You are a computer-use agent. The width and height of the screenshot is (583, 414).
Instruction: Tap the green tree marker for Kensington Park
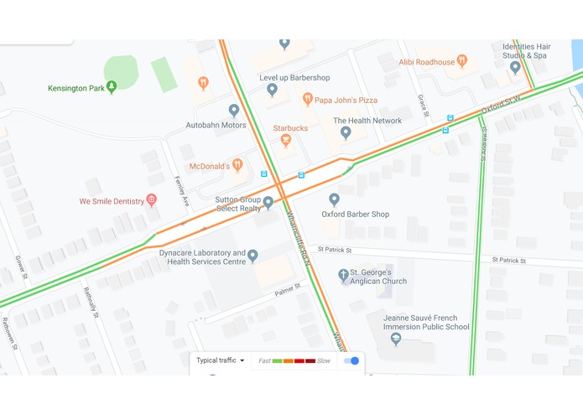click(x=112, y=85)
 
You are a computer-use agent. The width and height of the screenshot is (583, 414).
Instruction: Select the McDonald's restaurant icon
click(x=237, y=165)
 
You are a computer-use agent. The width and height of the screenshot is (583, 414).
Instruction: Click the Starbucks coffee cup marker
click(x=286, y=140)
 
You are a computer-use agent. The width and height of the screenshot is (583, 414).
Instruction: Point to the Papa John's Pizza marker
click(x=308, y=100)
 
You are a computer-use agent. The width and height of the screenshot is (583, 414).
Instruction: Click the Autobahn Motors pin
click(x=234, y=110)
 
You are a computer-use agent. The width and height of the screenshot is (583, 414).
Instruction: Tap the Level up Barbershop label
click(x=294, y=78)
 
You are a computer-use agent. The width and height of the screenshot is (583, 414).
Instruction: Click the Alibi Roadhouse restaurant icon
click(x=462, y=61)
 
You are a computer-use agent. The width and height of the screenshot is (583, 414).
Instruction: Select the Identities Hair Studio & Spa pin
click(x=516, y=67)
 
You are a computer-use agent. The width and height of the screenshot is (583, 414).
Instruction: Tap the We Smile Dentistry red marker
click(x=151, y=200)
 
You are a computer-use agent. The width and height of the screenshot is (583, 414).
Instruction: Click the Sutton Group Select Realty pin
click(x=268, y=202)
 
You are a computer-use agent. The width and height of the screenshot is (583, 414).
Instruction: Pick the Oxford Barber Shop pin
click(x=334, y=199)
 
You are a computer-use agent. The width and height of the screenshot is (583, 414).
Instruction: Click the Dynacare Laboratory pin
click(x=252, y=256)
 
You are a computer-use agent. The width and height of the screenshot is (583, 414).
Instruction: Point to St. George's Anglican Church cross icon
click(x=343, y=275)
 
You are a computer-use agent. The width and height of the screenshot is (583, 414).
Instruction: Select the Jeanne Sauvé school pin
click(x=397, y=339)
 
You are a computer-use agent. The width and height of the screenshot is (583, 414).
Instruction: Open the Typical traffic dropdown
click(x=221, y=360)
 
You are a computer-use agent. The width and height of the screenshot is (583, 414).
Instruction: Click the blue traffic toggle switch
click(x=351, y=360)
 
